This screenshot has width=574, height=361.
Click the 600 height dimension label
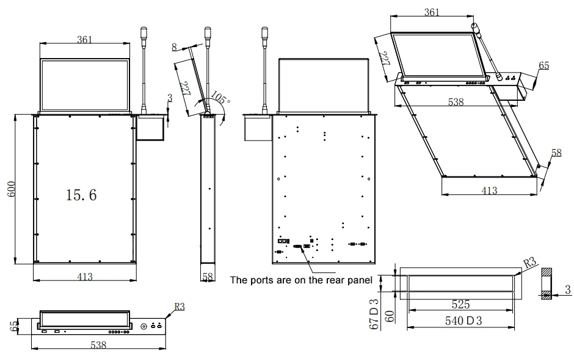tap(12, 189)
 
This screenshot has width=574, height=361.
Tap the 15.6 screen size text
tap(81, 195)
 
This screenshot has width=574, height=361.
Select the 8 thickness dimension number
tap(174, 47)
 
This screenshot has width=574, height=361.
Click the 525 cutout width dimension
tap(460, 304)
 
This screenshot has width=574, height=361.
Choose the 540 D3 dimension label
tap(463, 321)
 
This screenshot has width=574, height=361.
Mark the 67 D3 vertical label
tap(374, 314)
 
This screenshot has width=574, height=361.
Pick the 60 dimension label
tap(390, 316)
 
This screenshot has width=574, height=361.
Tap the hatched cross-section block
tap(547, 284)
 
